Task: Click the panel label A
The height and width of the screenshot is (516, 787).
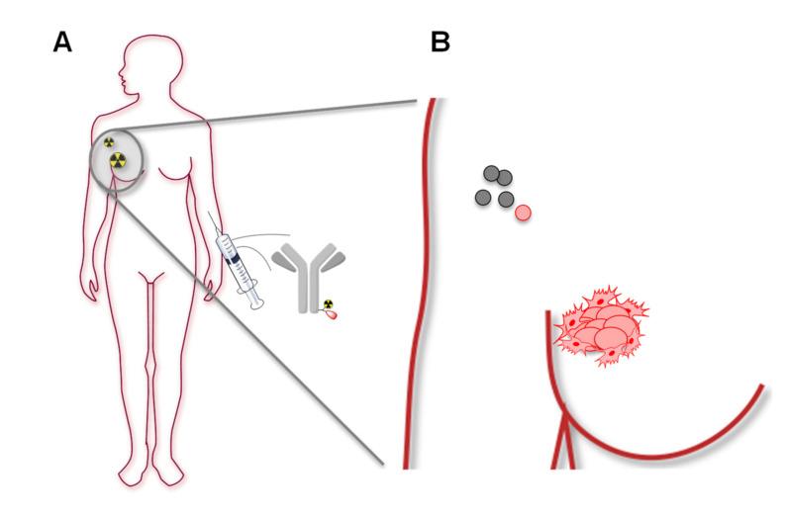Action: [64, 43]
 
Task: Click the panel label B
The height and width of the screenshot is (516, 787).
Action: [441, 43]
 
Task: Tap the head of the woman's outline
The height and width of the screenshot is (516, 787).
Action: [138, 63]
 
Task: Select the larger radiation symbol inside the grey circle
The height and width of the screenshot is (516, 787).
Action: [119, 158]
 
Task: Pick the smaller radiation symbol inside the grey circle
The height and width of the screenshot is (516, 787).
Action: [110, 141]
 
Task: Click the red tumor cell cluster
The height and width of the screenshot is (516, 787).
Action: [602, 327]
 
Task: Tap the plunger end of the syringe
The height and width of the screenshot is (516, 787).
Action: [256, 301]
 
